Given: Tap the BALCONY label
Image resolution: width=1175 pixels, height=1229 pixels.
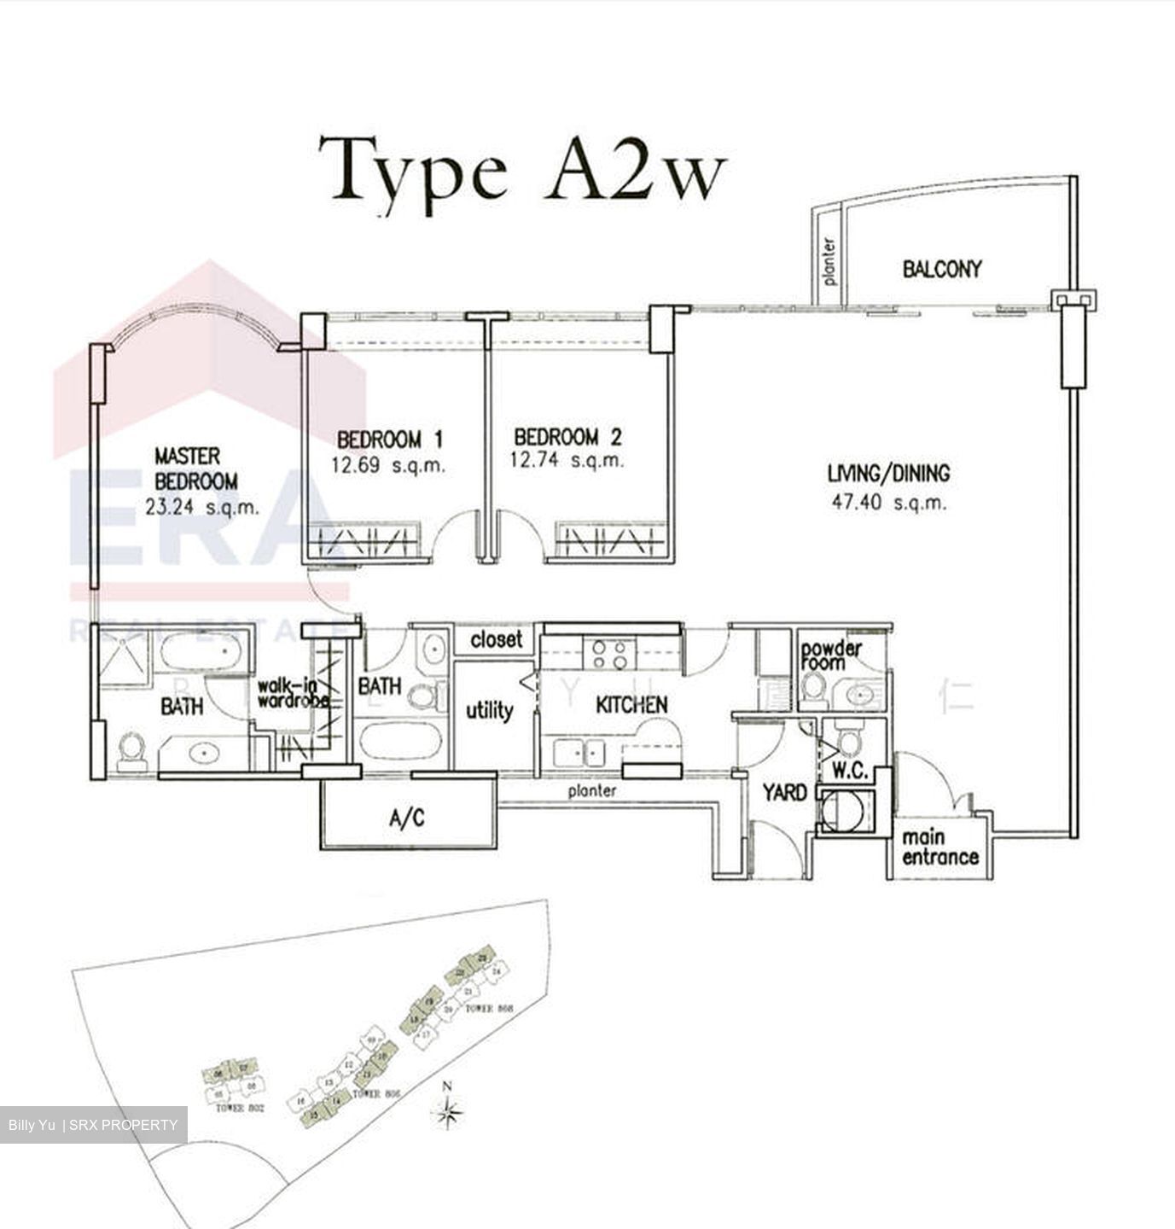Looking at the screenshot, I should pyautogui.click(x=942, y=269).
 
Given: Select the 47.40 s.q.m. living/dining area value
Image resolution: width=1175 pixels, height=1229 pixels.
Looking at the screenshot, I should pyautogui.click(x=888, y=502).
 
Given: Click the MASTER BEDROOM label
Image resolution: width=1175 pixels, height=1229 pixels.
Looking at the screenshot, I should pyautogui.click(x=195, y=469).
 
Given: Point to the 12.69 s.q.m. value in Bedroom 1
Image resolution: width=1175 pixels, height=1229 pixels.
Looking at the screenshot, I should pyautogui.click(x=388, y=466).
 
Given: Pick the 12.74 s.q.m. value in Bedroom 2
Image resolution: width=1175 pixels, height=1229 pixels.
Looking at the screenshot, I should pyautogui.click(x=567, y=461).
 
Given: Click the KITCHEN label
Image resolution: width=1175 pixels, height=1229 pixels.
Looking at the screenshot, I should pyautogui.click(x=631, y=705).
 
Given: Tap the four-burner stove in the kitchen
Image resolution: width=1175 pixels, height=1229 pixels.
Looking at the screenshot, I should pyautogui.click(x=610, y=653).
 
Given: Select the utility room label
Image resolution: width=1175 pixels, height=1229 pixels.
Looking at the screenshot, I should pyautogui.click(x=489, y=710).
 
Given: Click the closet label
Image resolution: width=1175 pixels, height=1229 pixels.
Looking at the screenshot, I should pyautogui.click(x=496, y=640).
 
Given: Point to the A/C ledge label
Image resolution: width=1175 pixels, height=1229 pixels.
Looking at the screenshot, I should pyautogui.click(x=406, y=818).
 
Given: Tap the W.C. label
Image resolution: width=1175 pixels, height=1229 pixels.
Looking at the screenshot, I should pyautogui.click(x=850, y=771).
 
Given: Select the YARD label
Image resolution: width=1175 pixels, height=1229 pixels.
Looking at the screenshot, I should pyautogui.click(x=784, y=792).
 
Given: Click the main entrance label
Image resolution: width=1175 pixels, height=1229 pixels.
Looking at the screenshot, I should pyautogui.click(x=939, y=847).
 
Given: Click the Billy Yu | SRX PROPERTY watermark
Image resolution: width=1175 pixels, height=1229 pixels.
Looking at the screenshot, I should pyautogui.click(x=93, y=1125).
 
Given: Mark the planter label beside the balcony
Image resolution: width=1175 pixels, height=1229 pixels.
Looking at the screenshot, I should pyautogui.click(x=829, y=261).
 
